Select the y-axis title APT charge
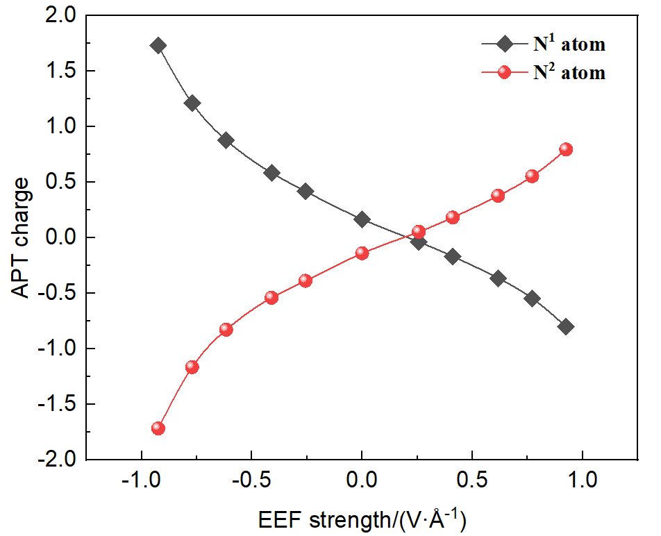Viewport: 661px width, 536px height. pos(22,237)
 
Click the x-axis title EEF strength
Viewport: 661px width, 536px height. pos(361,519)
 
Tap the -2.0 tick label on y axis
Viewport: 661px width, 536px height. pos(58,460)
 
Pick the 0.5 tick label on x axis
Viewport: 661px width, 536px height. pos(471,480)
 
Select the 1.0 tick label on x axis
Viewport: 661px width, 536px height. pos(581,480)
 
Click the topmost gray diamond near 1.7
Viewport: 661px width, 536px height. pos(158,46)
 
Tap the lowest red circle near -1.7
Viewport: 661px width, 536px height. pos(158,428)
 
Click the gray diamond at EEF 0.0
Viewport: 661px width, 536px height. pos(362,219)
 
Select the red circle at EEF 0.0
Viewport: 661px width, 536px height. pos(362,253)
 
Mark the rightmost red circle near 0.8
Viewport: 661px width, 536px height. pos(566,149)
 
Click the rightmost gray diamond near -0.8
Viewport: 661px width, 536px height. pos(566,327)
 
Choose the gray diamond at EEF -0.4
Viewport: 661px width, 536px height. pos(271,173)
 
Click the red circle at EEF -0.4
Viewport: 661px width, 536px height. pos(271,298)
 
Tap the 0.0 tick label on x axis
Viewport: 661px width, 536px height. pos(361,480)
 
